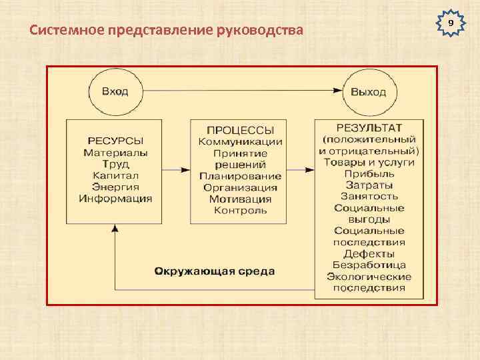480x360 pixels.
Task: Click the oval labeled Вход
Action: [115, 91]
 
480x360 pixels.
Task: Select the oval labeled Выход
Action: [369, 91]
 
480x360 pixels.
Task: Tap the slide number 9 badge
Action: [451, 23]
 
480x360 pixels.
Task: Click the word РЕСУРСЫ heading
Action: [115, 141]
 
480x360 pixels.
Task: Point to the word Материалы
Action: [116, 152]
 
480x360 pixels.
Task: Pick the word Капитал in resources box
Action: [116, 175]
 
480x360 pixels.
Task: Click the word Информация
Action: [115, 199]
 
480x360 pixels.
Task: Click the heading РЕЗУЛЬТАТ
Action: [369, 127]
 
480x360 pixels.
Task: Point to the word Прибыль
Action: [369, 173]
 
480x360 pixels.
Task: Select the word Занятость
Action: [369, 196]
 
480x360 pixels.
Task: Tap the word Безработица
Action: [369, 265]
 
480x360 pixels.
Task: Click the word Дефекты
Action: [369, 254]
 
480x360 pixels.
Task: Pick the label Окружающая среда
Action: [215, 272]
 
